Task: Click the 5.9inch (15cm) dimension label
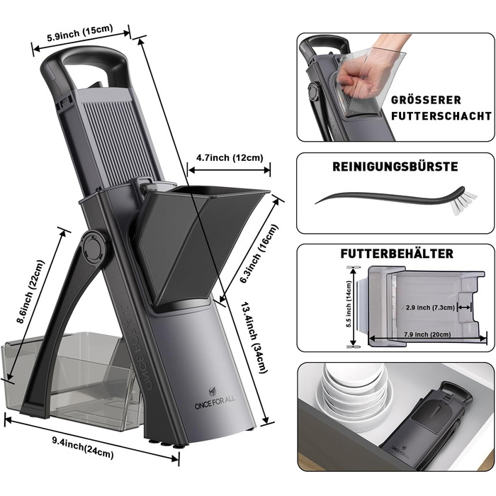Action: [79, 33]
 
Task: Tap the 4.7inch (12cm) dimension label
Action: [230, 157]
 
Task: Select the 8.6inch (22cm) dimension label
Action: [31, 292]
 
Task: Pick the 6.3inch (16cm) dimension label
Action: [259, 254]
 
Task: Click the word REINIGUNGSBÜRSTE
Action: [395, 167]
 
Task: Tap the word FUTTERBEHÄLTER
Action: [397, 254]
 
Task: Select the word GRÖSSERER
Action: [426, 101]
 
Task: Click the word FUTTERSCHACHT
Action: [441, 115]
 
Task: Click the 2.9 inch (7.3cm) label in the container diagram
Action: [430, 308]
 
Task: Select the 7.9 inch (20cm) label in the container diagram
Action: [427, 334]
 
